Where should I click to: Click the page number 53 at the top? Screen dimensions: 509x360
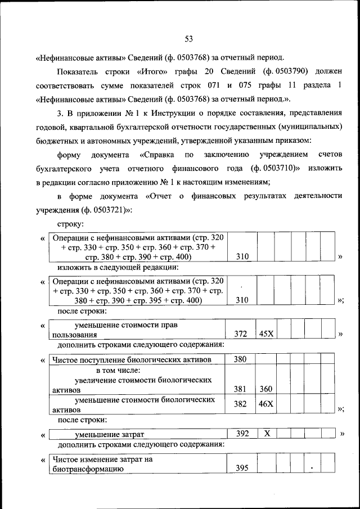[x=188, y=38]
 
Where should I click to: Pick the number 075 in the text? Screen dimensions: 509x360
[x=250, y=86]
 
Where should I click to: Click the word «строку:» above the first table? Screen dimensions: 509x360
[x=70, y=224]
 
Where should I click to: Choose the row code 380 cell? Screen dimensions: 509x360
[x=241, y=359]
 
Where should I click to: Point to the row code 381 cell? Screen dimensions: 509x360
[x=241, y=389]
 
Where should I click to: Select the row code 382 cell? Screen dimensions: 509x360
[x=241, y=404]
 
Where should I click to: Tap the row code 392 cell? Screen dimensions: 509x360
[x=241, y=434]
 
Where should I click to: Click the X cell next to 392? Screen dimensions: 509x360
[x=267, y=434]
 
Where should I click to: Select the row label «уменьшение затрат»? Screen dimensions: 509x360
[x=110, y=434]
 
